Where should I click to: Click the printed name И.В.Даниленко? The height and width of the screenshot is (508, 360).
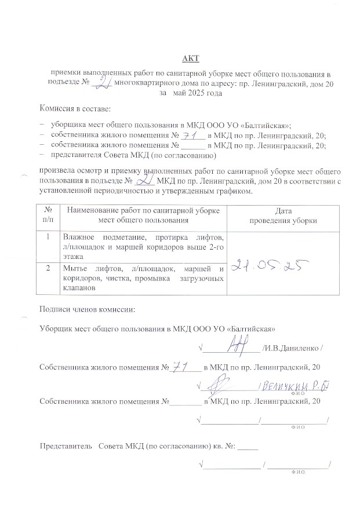point(291,348)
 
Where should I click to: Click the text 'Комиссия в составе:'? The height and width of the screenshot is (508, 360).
point(74,109)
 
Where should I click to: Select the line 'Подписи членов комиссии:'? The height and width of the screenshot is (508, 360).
point(86,308)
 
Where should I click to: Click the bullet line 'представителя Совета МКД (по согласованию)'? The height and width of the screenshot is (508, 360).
point(133,155)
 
